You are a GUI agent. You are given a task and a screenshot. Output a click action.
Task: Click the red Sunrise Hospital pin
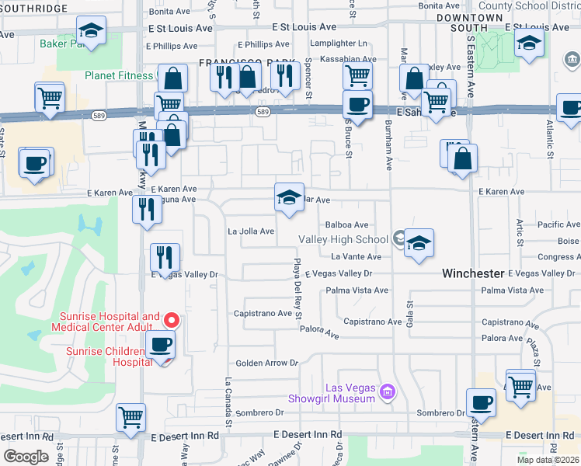click(172, 320)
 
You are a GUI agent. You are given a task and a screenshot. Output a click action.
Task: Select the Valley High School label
click(344, 239)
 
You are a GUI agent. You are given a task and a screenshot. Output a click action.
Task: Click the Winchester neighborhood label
click(473, 273)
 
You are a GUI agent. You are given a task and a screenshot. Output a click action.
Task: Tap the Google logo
click(26, 456)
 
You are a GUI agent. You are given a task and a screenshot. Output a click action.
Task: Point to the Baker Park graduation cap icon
click(91, 32)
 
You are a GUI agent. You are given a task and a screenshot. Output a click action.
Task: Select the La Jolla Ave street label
click(251, 231)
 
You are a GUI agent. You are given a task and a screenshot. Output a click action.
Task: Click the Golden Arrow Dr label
click(267, 363)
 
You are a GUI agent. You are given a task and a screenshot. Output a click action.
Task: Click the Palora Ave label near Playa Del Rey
click(320, 332)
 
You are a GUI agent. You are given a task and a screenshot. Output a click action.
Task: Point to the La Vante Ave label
click(357, 256)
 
